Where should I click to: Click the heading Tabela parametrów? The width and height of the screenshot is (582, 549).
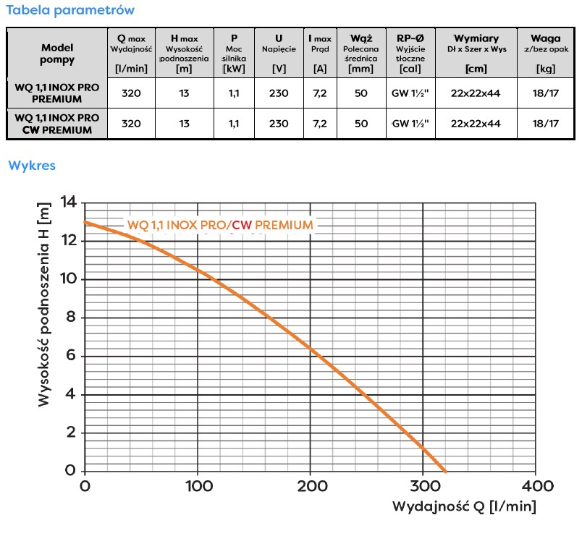tap(69, 11)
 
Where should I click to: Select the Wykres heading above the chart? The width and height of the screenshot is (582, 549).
tap(32, 166)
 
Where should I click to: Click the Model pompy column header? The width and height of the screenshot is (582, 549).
tap(57, 53)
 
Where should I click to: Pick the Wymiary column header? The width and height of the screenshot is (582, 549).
tap(476, 52)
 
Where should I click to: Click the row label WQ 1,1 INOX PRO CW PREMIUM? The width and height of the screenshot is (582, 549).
tap(57, 124)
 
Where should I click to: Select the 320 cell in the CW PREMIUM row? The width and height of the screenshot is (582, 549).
tap(131, 124)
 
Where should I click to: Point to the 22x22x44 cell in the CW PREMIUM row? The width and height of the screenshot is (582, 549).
tap(476, 124)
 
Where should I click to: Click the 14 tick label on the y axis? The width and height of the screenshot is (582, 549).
tap(69, 203)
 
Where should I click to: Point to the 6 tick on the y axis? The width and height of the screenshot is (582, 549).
tap(72, 356)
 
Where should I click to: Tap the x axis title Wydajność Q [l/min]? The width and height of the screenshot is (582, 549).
tap(464, 506)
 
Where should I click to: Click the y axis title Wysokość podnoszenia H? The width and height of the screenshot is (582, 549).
tap(44, 304)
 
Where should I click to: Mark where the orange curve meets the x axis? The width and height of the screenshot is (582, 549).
tap(444, 470)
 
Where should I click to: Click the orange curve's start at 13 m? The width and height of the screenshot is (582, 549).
tap(86, 222)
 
